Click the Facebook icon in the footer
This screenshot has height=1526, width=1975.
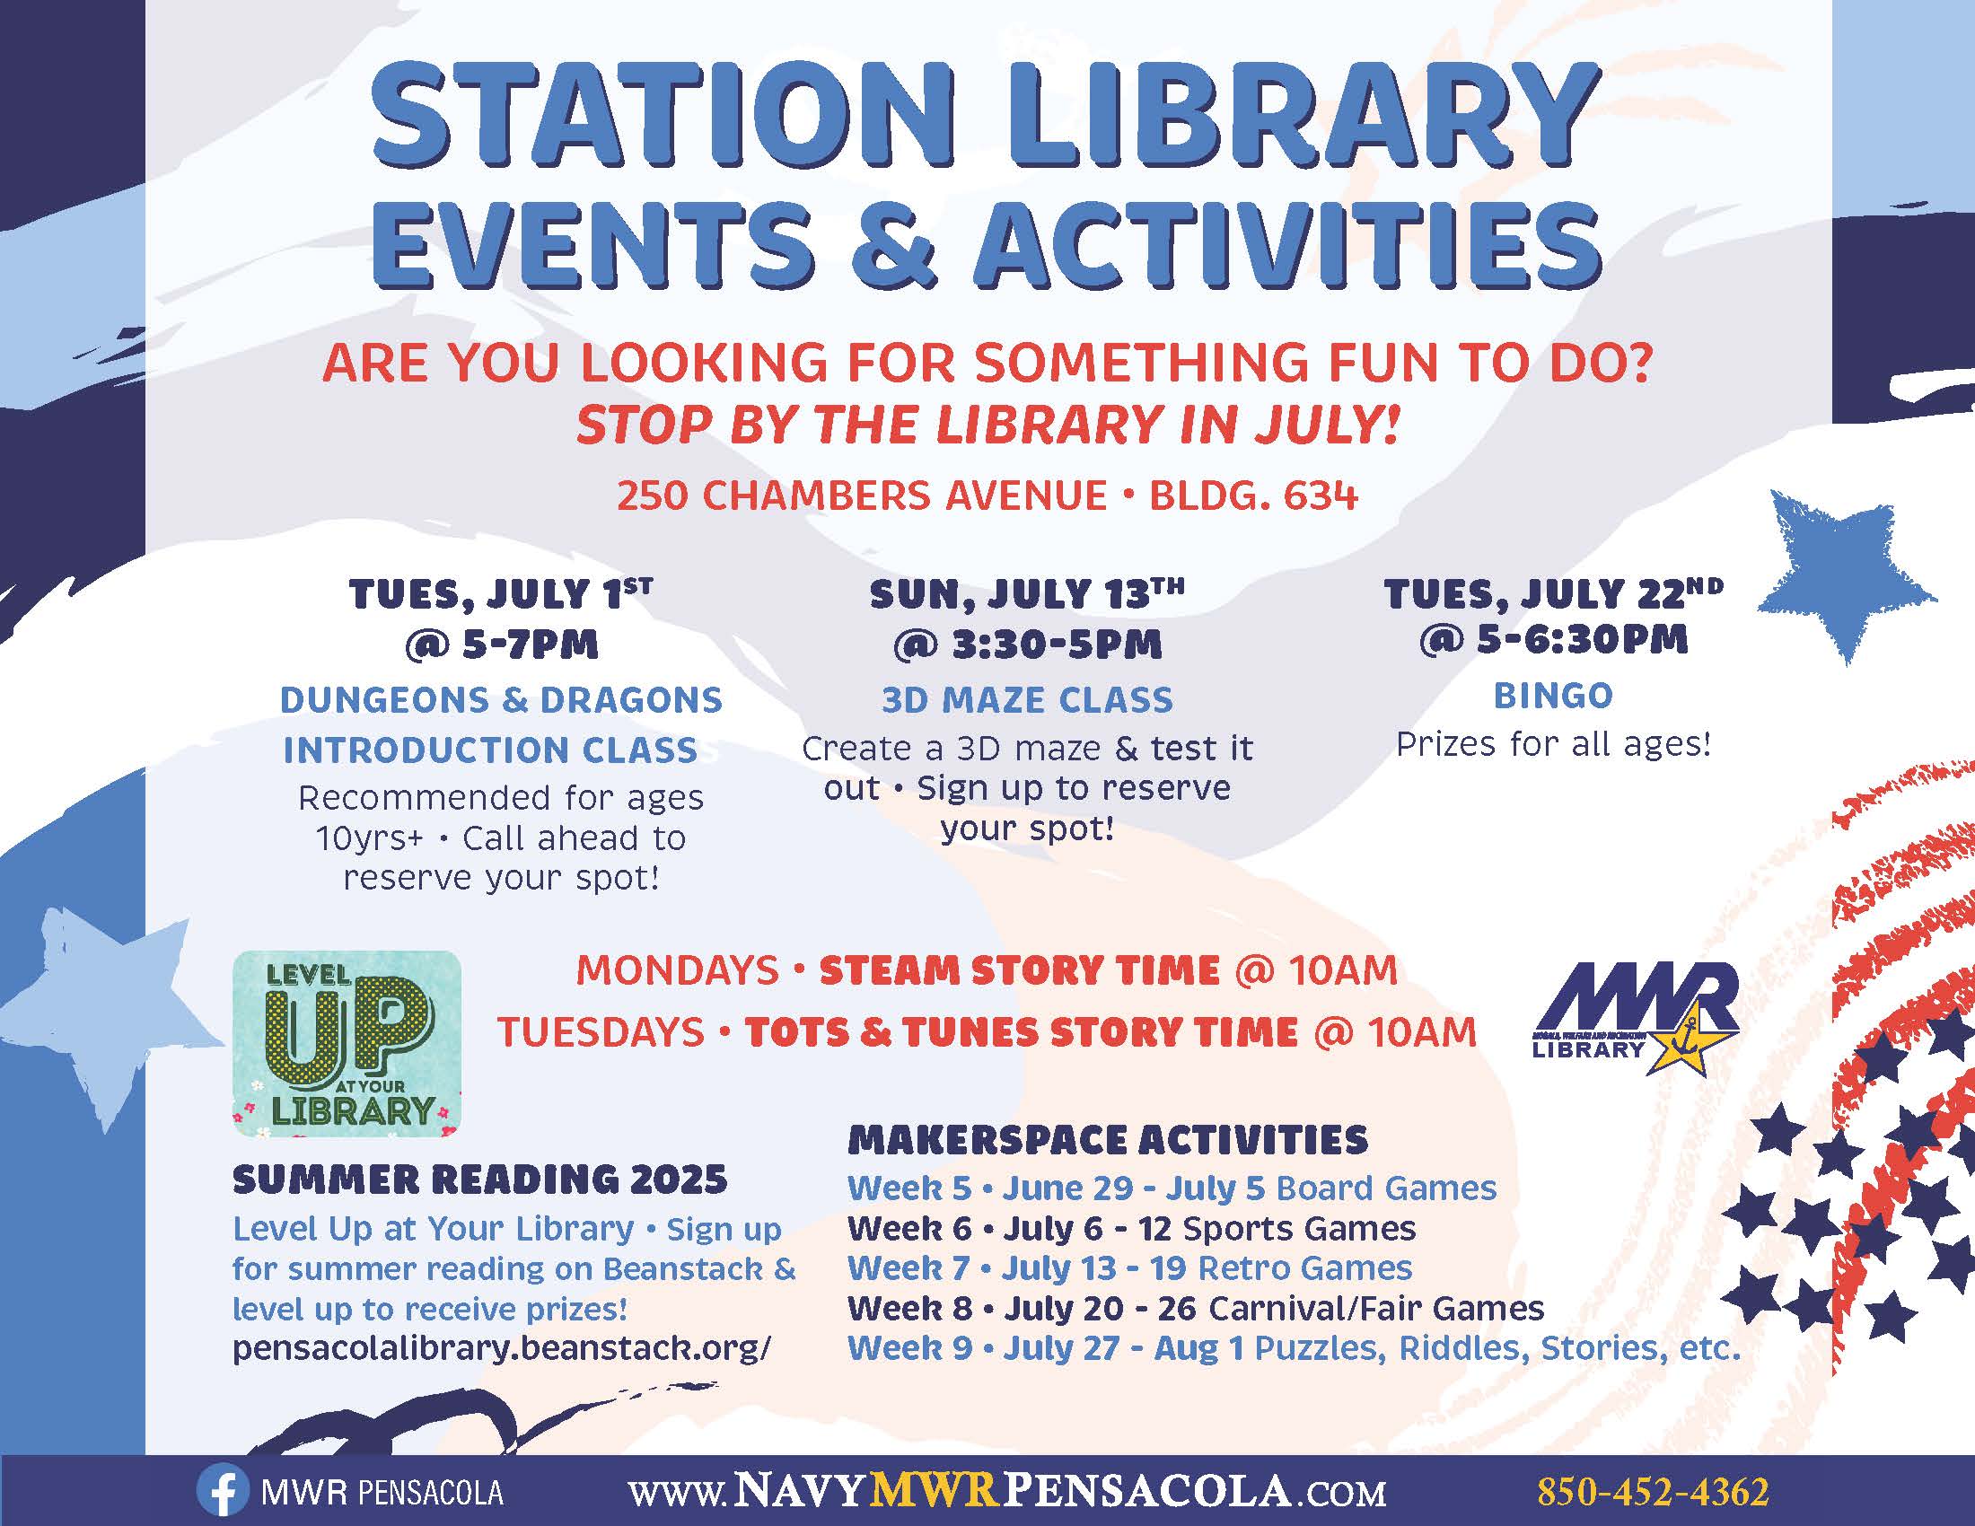point(222,1491)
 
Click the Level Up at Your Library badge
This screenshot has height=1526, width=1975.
point(347,1043)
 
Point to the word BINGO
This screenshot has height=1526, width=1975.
point(1554,695)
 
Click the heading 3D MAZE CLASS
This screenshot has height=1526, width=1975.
point(1027,700)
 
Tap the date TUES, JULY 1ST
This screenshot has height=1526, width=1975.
point(501,594)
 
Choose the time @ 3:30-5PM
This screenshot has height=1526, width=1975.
point(1027,645)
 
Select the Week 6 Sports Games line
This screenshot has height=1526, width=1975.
point(1132,1228)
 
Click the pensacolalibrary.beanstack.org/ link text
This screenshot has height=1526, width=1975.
point(502,1348)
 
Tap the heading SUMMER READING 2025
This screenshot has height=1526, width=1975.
point(480,1179)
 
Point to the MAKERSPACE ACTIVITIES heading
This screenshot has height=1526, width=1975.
point(1108,1139)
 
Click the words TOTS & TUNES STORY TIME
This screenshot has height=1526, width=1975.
point(1021,1032)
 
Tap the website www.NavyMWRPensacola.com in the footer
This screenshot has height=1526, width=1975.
point(1007,1491)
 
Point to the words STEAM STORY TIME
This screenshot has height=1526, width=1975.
point(1019,970)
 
